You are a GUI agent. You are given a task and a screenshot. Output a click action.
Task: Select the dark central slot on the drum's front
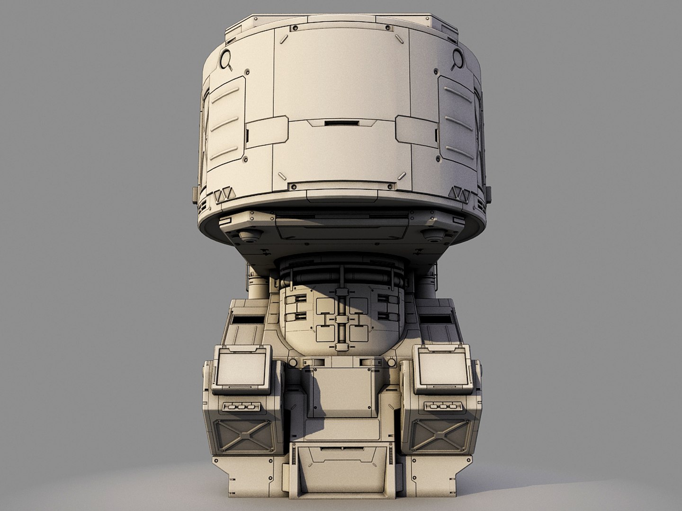[x=341, y=124]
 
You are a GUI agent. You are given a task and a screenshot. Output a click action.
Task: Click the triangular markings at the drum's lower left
[x=222, y=194]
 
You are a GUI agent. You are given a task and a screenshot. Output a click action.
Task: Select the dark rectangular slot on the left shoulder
[x=244, y=321]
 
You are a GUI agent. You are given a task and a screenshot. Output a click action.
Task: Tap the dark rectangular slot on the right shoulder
[x=437, y=321]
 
